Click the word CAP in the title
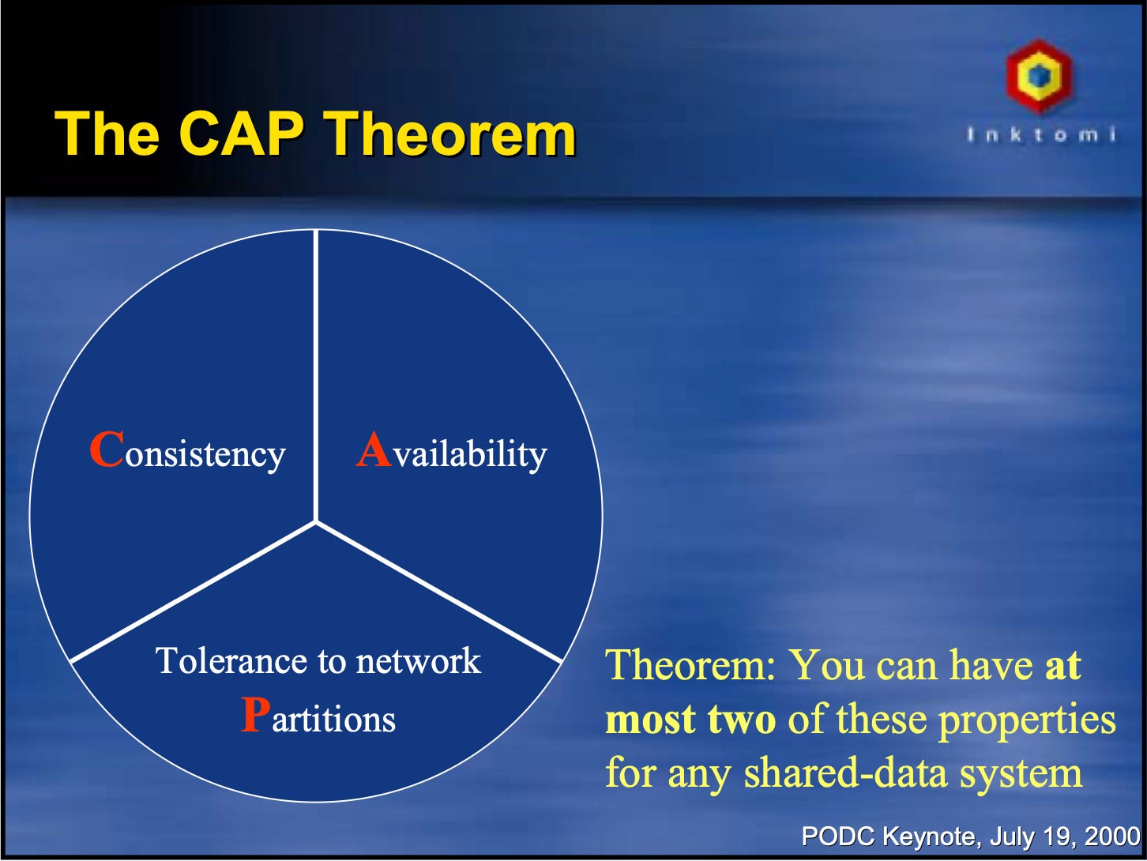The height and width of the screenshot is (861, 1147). (242, 133)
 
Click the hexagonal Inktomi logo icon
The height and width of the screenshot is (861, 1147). (1040, 76)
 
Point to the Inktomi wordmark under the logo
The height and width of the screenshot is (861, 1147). (1041, 135)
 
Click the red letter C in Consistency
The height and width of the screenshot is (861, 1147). (107, 449)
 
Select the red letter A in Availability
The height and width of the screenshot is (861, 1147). (374, 449)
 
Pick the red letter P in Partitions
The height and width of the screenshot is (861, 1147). (255, 715)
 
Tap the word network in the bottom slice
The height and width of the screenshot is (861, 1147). (418, 661)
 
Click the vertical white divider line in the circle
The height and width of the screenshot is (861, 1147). (316, 376)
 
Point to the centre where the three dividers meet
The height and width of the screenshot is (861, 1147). (316, 522)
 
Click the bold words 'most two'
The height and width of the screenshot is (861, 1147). (690, 719)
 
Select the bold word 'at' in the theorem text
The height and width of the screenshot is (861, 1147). (1062, 666)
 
